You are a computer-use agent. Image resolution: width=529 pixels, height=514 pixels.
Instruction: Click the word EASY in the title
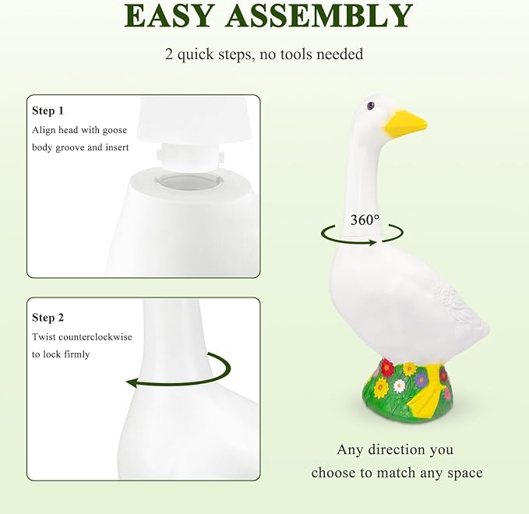(169, 16)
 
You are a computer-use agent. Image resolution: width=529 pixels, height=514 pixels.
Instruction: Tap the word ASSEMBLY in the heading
(319, 16)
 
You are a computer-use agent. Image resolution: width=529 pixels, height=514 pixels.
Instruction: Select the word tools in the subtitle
(296, 54)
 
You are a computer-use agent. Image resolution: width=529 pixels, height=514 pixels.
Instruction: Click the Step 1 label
(48, 111)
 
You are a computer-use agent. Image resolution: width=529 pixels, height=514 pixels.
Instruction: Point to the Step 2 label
(48, 318)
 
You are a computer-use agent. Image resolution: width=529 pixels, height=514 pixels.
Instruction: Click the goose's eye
(370, 106)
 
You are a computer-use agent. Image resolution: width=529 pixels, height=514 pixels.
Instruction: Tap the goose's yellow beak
(404, 125)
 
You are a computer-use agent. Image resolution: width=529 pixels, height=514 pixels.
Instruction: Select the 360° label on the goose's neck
(365, 220)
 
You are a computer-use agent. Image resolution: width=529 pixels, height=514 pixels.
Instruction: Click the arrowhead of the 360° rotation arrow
(373, 242)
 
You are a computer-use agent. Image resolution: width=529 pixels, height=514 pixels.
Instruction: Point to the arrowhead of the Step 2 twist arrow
(131, 383)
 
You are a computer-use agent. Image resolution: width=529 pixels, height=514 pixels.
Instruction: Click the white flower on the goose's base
(399, 385)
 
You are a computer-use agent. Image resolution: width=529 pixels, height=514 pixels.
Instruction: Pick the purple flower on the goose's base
(421, 380)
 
